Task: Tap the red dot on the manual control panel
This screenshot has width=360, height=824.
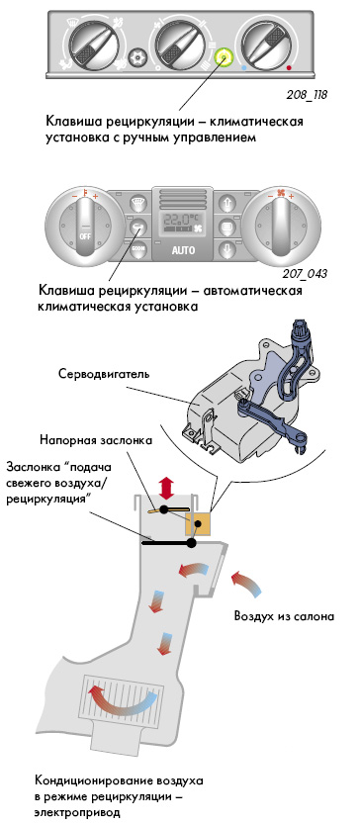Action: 289,68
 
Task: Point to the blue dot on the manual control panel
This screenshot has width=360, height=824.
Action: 243,68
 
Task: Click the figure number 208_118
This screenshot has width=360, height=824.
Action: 307,95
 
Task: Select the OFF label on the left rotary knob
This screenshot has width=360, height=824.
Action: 85,236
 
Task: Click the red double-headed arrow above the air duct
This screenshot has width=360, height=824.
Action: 167,488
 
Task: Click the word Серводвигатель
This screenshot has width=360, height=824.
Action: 104,375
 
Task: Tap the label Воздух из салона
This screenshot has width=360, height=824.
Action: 284,615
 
